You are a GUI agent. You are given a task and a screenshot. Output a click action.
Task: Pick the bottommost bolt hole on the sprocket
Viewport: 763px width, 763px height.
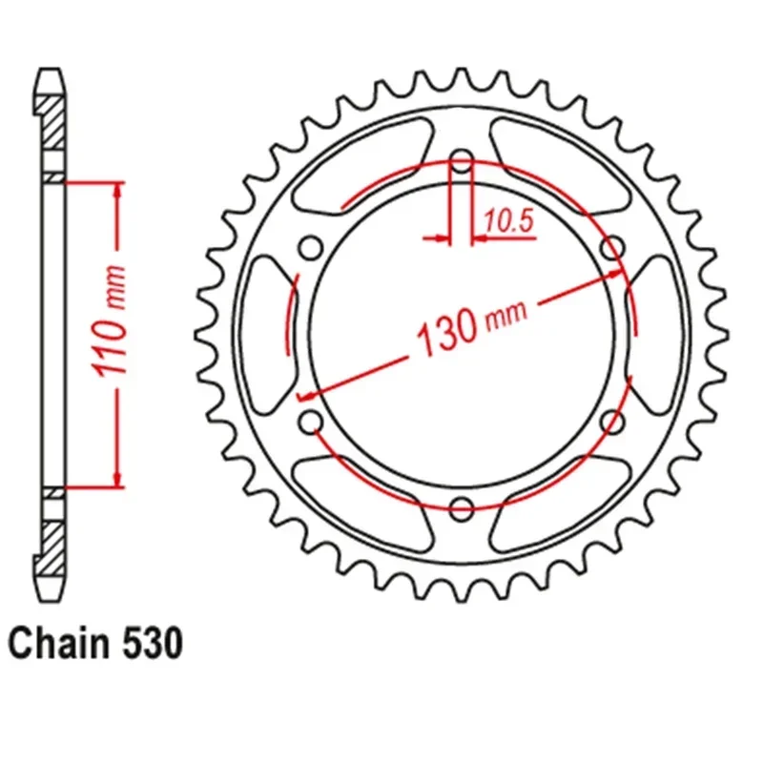[x=462, y=506]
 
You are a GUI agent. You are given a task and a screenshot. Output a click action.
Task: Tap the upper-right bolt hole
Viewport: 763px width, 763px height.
[x=613, y=248]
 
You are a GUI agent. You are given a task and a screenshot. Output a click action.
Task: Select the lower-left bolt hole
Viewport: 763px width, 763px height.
[x=310, y=420]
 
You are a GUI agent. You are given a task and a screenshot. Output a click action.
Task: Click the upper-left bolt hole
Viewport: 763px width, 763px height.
[x=310, y=248]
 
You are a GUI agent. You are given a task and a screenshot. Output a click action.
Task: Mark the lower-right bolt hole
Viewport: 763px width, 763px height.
[x=613, y=420]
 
